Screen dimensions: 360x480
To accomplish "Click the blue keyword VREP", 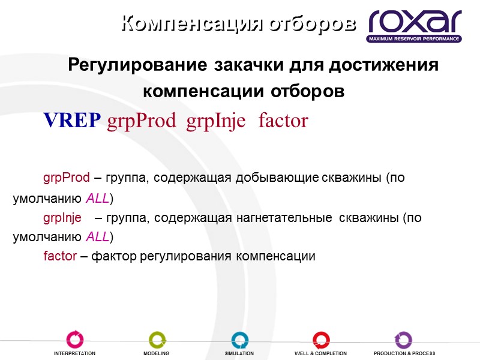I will (72, 121).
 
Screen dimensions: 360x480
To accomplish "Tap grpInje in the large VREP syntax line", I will (216, 122).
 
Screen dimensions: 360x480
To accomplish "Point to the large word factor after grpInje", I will (283, 121).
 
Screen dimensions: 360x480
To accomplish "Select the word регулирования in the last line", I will (186, 256).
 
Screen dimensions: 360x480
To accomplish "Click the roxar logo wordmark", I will (415, 22).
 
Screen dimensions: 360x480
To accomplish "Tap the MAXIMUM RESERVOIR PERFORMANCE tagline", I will (415, 39).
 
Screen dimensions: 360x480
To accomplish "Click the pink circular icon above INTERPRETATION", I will (74, 340).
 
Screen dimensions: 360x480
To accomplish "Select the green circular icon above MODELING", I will (157, 340).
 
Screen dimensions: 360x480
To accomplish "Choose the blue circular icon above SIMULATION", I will (239, 340).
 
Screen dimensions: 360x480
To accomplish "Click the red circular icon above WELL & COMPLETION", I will (321, 340).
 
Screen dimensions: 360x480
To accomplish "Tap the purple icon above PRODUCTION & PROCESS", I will (403, 340).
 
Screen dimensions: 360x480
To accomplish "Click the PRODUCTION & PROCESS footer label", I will (404, 354).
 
